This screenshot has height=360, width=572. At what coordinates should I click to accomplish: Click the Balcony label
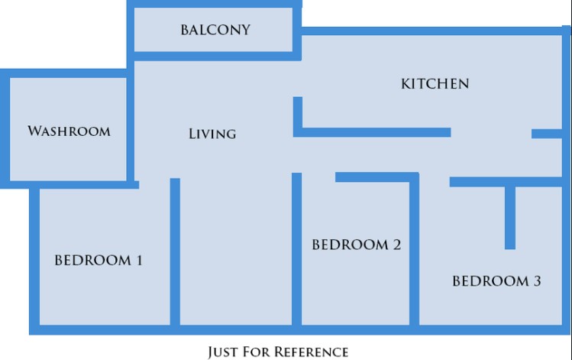point(215,30)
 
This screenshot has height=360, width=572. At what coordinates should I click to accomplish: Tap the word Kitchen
point(435,84)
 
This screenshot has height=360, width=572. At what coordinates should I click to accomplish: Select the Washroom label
point(69,131)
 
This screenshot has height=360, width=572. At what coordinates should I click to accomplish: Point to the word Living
point(212,134)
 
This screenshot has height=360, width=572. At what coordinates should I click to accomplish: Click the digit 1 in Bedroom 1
point(139,261)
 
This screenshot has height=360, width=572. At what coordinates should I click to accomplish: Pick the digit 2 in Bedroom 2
point(396,245)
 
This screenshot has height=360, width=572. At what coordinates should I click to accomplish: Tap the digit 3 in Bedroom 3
point(537,281)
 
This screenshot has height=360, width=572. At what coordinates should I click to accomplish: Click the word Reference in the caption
point(311,352)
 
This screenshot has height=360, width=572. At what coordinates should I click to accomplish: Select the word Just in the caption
point(222,352)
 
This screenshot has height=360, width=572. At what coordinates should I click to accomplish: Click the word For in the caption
point(256,352)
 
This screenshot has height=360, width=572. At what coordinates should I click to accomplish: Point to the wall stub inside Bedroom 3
point(510,219)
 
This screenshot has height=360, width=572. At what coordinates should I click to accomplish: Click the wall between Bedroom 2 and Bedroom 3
point(414,252)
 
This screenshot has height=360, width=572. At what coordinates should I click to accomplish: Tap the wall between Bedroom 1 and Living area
point(175,252)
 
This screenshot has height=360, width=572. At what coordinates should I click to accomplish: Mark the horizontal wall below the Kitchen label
point(372,132)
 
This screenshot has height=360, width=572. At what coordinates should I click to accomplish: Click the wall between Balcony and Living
point(214,57)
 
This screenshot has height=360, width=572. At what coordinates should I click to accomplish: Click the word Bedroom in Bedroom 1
point(92,261)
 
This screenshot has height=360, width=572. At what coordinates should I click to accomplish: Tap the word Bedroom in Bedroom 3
point(490,281)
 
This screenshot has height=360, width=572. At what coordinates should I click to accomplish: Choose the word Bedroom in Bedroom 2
point(351,245)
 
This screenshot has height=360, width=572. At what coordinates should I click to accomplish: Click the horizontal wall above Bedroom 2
point(377,177)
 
